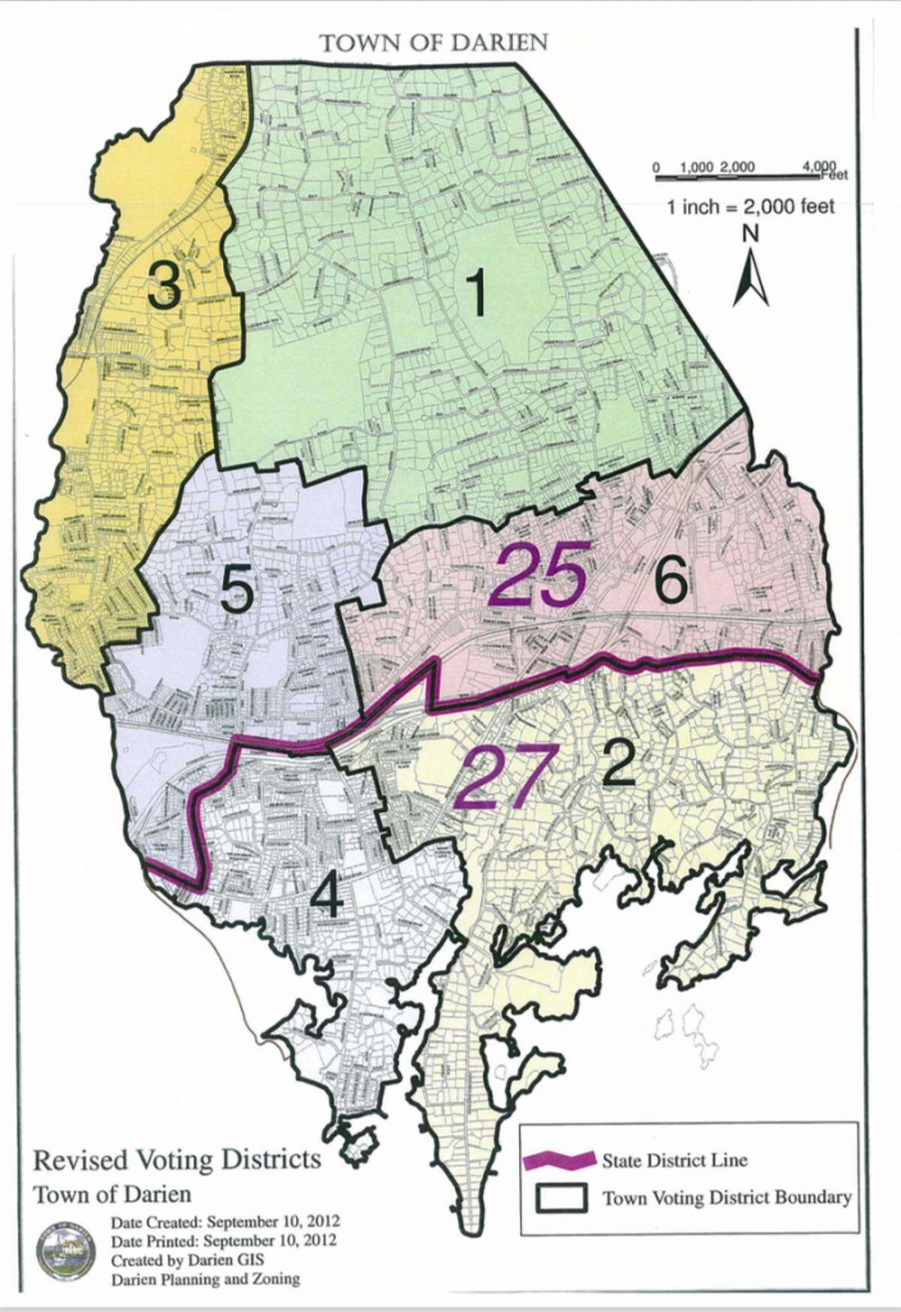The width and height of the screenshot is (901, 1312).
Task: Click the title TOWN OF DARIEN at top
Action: (x=435, y=43)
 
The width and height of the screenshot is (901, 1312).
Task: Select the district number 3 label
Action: (x=164, y=284)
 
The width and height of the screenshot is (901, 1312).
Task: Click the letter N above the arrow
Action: (x=750, y=233)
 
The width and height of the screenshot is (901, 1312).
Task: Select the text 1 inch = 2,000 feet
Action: (x=751, y=206)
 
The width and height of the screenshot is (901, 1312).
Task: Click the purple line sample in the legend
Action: (x=560, y=1160)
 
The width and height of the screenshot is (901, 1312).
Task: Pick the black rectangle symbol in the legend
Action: (x=561, y=1196)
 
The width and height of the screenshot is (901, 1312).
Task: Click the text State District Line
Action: (x=674, y=1160)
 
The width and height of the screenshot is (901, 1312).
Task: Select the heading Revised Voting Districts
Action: (x=176, y=1160)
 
